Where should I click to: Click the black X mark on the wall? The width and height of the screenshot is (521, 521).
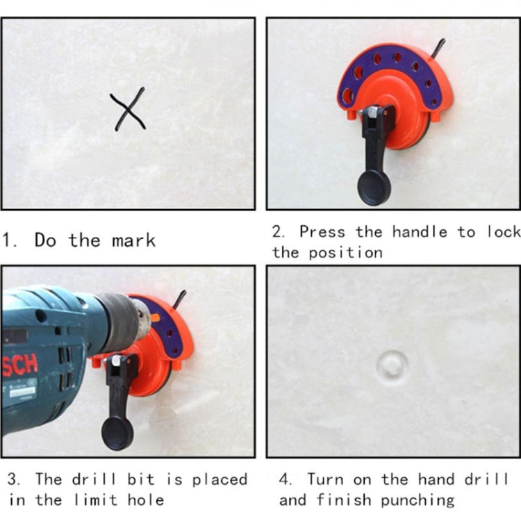pyautogui.click(x=129, y=110)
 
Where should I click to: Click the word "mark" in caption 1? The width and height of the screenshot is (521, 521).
pyautogui.click(x=132, y=240)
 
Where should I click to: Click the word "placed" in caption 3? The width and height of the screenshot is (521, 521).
pyautogui.click(x=220, y=479)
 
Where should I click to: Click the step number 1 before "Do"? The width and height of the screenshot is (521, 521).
pyautogui.click(x=9, y=241)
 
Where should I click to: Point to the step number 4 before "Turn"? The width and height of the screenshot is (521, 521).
pyautogui.click(x=285, y=479)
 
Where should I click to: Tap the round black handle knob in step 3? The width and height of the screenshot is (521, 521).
pyautogui.click(x=117, y=433)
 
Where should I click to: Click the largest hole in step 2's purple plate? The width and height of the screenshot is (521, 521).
pyautogui.click(x=348, y=94)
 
